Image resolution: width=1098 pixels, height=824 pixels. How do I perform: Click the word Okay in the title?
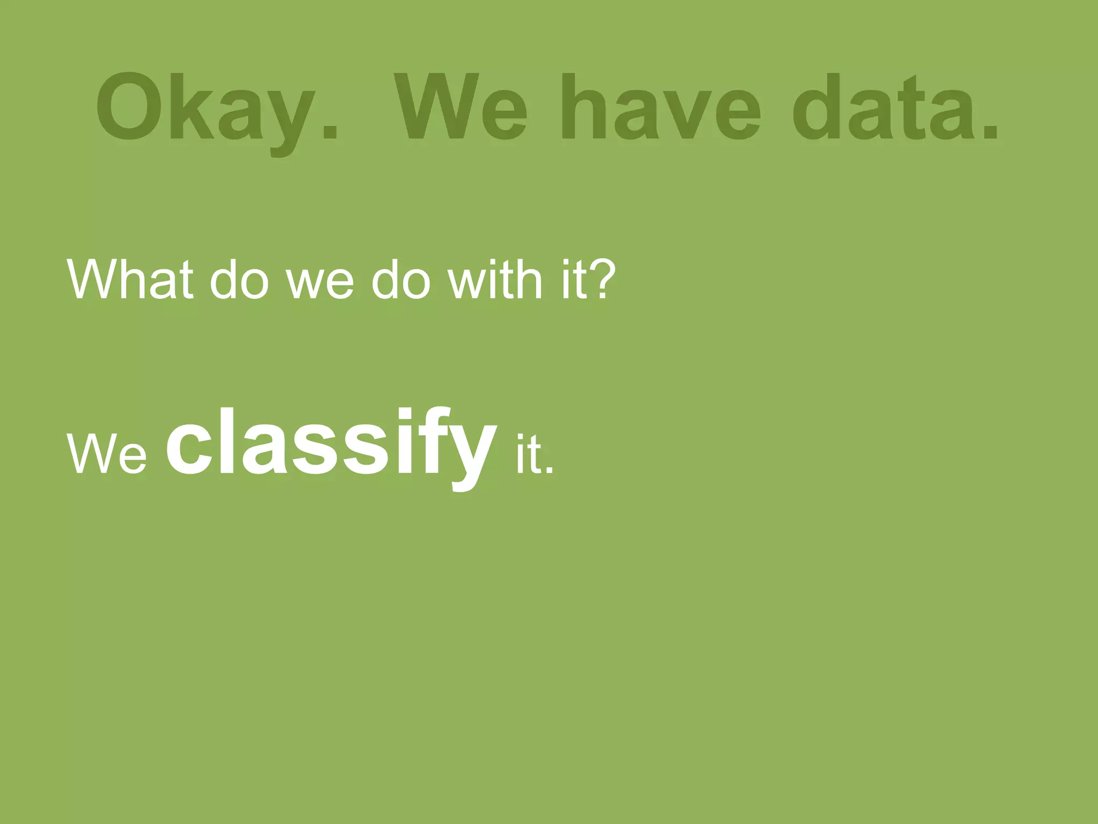[206, 107]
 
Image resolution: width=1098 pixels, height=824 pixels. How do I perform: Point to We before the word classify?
[107, 454]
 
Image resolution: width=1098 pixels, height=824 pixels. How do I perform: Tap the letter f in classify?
[429, 440]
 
